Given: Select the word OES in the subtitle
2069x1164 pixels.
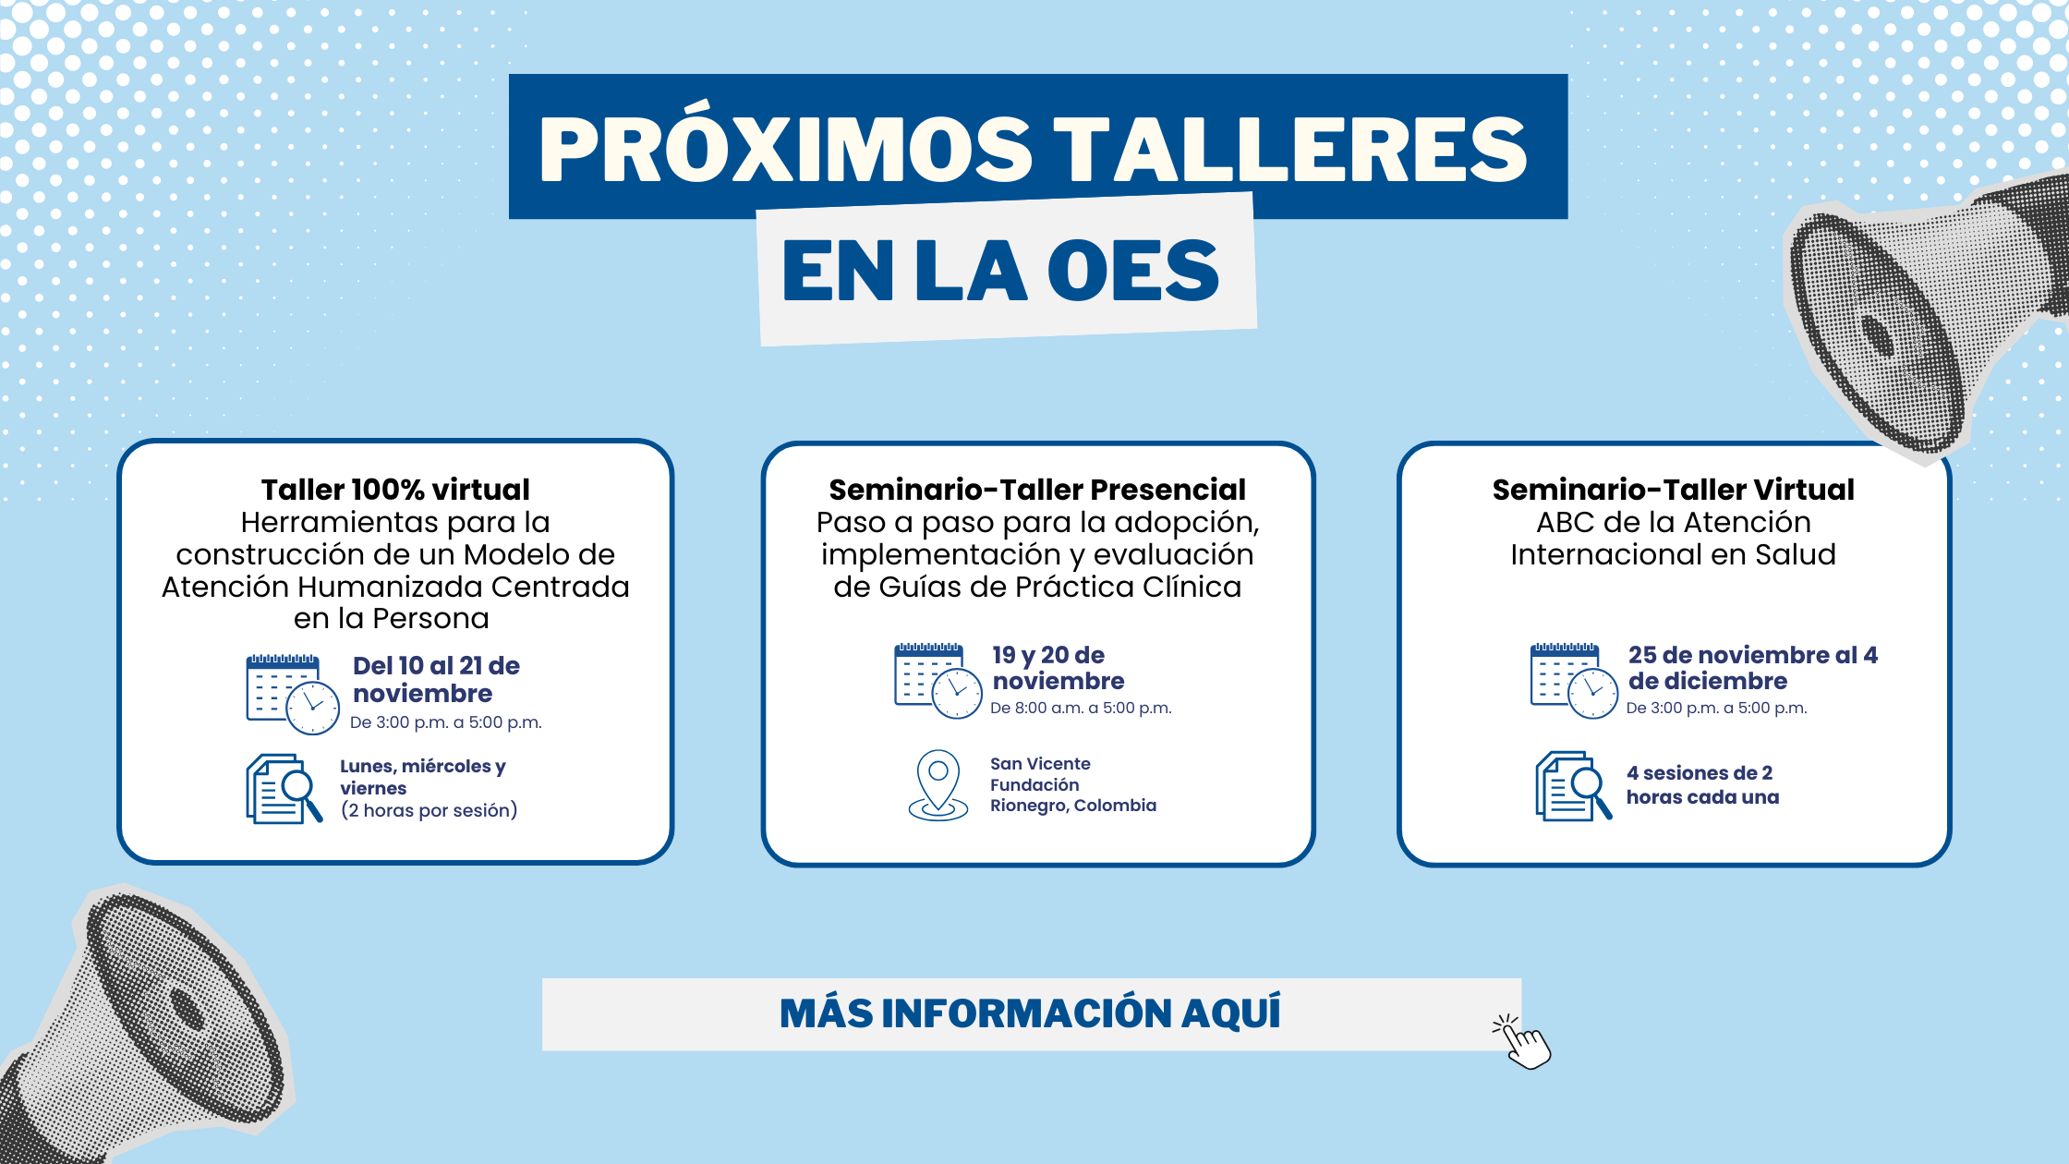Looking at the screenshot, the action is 1133,271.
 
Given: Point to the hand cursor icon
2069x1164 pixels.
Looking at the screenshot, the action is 1522,1041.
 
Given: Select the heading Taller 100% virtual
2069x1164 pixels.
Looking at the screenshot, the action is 395,490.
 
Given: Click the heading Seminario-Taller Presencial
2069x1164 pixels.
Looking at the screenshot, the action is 1037,490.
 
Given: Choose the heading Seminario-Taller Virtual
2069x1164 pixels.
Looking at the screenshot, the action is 1674,490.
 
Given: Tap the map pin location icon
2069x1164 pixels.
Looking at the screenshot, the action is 938,785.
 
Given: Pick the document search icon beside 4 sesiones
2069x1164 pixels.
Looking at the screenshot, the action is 1574,785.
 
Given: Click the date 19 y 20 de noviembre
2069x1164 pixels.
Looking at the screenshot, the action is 1059,668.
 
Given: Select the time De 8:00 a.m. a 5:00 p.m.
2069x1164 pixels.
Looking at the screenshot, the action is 1081,709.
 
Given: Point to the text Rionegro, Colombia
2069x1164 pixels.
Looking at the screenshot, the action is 1073,806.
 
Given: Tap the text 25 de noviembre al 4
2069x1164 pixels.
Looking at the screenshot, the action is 1753,655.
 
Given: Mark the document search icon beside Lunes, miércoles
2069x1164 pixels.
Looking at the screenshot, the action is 284,788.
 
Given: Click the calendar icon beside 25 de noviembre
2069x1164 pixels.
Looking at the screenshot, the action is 1574,681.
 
